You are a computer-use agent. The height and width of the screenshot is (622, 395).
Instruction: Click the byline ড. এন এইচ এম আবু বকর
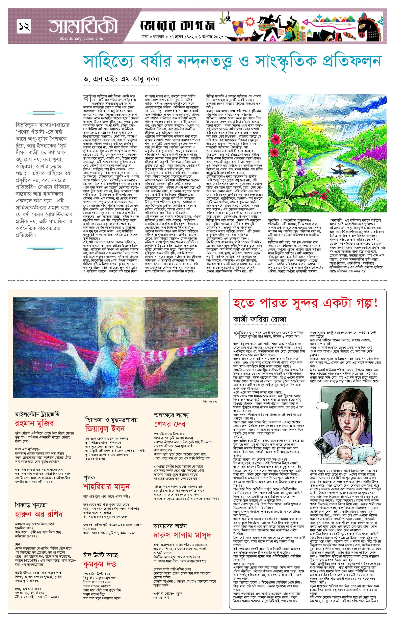120,79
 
